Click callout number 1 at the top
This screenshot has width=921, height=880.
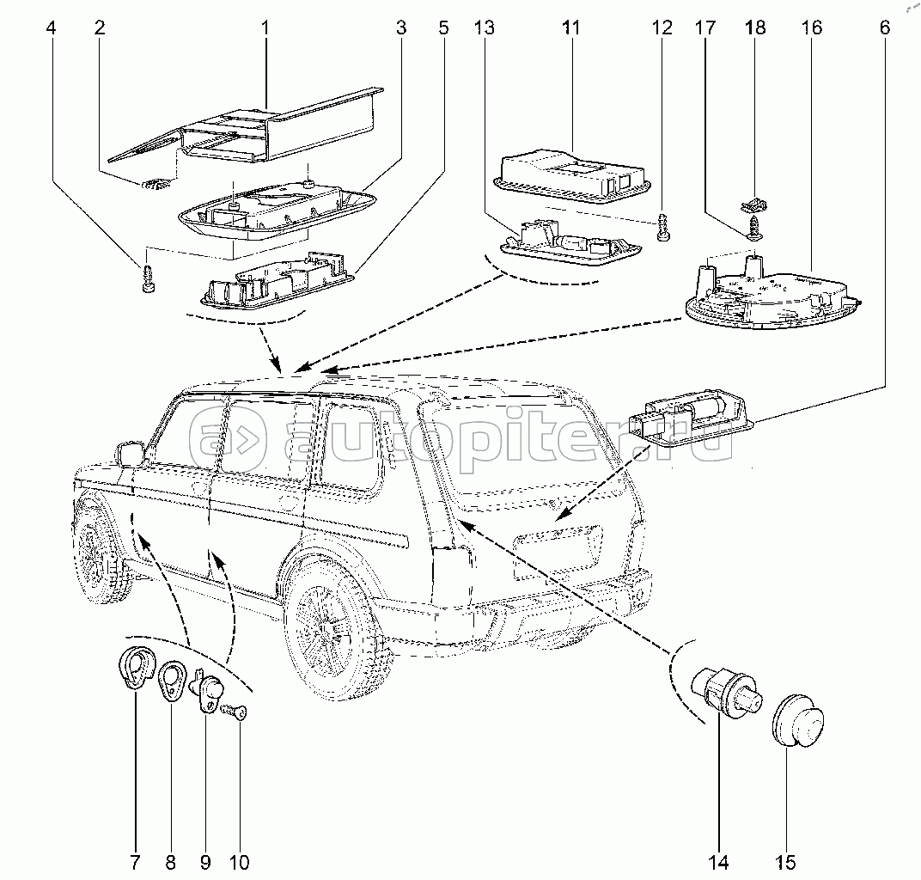pos(265,27)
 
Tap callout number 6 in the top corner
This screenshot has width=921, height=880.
pos(884,27)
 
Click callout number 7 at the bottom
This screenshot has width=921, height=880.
pos(134,861)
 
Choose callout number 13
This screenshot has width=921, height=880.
pos(485,27)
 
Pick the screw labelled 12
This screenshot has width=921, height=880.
pos(662,229)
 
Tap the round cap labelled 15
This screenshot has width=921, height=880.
pos(797,719)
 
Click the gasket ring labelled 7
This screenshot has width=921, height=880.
pos(133,669)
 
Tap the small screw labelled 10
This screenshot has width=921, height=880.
pos(235,712)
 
